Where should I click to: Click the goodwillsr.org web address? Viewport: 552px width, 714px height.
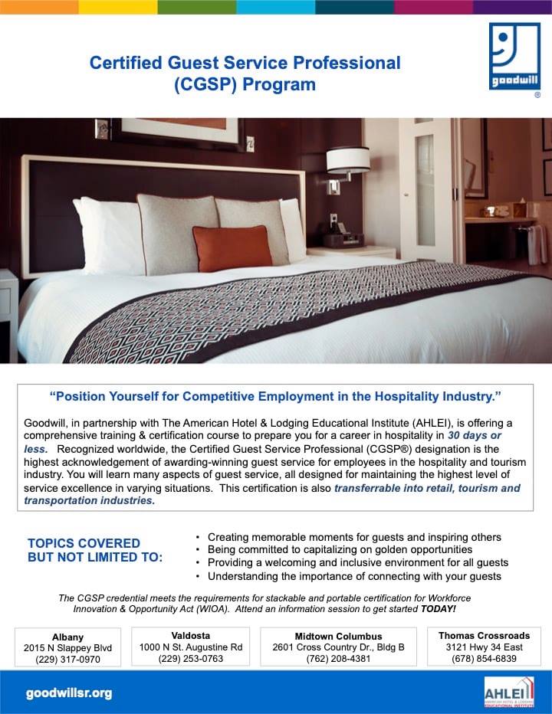[x=69, y=693]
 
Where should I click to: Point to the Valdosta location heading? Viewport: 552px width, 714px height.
[x=191, y=636]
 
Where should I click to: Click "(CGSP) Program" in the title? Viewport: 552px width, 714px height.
[x=245, y=84]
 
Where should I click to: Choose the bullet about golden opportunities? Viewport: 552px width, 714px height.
[x=340, y=550]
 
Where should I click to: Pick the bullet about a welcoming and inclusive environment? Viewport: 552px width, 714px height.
[x=357, y=563]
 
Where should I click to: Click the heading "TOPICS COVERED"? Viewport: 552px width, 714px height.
[x=84, y=543]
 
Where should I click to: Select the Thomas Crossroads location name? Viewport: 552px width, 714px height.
[x=484, y=636]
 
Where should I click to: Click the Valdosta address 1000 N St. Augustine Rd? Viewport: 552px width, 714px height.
[x=191, y=647]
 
